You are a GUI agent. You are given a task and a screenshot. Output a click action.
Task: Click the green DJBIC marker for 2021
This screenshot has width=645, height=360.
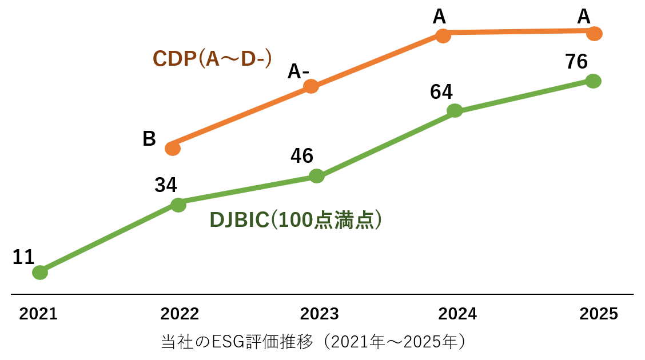point(40,273)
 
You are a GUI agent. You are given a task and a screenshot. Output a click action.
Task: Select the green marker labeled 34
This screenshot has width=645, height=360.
point(178,205)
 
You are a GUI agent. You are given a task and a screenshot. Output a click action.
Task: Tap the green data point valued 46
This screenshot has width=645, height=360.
point(316,176)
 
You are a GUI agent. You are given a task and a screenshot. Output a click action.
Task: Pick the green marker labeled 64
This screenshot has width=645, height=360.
point(455,110)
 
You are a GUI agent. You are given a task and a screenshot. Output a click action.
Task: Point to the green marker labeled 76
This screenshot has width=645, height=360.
point(594,81)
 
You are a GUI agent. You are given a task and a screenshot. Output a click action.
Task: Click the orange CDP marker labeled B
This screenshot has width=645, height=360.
point(173,149)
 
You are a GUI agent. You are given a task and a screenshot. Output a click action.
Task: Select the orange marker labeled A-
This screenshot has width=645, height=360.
point(311,86)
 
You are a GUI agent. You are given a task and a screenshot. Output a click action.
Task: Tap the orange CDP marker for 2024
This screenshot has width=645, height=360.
point(443,35)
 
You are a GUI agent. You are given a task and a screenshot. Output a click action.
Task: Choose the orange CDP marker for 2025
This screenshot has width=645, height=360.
point(595,34)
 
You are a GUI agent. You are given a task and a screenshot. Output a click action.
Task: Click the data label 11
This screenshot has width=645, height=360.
point(23,258)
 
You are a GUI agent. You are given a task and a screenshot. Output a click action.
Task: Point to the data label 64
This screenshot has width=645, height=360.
point(441,92)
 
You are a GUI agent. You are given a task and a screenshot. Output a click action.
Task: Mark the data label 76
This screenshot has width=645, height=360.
point(576,62)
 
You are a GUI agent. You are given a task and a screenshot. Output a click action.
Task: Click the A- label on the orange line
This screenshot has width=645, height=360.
point(298,71)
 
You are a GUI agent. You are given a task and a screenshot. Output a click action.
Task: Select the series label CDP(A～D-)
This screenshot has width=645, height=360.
point(212,58)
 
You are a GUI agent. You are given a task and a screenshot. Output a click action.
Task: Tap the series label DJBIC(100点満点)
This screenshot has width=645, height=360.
point(296,220)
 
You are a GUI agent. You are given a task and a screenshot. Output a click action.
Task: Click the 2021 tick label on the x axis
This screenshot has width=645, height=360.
point(38,314)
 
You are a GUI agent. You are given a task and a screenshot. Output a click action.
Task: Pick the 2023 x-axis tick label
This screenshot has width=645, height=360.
point(320,314)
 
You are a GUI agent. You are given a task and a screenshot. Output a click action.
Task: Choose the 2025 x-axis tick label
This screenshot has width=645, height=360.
point(599,314)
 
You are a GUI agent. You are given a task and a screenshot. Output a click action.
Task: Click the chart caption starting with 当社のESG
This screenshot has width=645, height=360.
point(314,342)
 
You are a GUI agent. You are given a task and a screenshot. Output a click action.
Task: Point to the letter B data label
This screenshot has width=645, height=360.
point(149,139)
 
